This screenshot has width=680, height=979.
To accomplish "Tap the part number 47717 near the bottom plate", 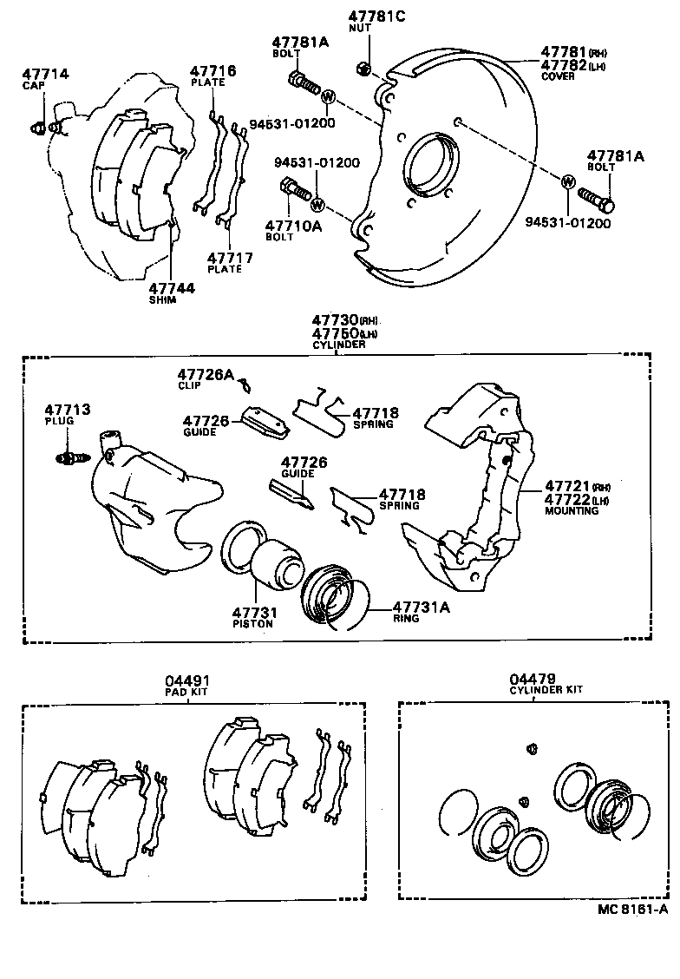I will pos(226,258).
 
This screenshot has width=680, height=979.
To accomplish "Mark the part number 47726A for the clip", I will pos(206,374).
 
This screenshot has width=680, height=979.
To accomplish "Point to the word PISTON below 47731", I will pos(252,623).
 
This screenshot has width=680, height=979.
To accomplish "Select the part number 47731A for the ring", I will pos(422,608).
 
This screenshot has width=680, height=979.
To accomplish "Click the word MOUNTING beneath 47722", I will pos(571,511).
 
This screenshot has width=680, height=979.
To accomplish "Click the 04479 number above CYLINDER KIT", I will pos(533,678).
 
